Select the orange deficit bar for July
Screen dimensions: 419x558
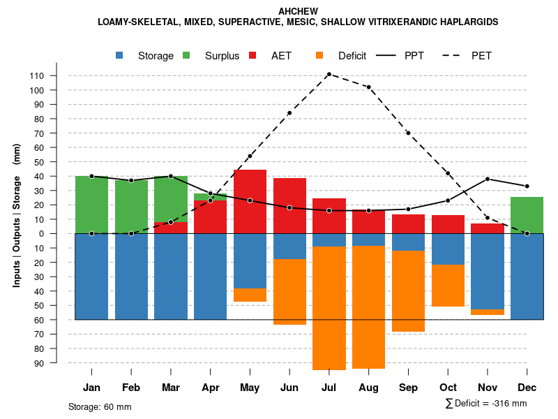coord(329,307)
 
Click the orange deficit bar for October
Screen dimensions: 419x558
coord(448,285)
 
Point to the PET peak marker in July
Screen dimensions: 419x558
coord(329,74)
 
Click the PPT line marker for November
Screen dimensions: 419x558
coord(488,179)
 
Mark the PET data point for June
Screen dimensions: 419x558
coord(289,113)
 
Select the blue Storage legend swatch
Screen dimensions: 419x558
coord(120,55)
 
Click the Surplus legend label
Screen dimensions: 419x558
coord(222,56)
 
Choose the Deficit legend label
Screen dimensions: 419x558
coord(352,56)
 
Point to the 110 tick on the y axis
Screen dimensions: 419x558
coord(57,75)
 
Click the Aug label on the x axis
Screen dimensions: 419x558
coord(368,388)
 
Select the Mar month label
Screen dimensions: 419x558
coord(171,388)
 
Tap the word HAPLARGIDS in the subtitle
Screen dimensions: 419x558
coord(465,22)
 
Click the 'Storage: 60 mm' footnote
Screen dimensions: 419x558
coord(100,406)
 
